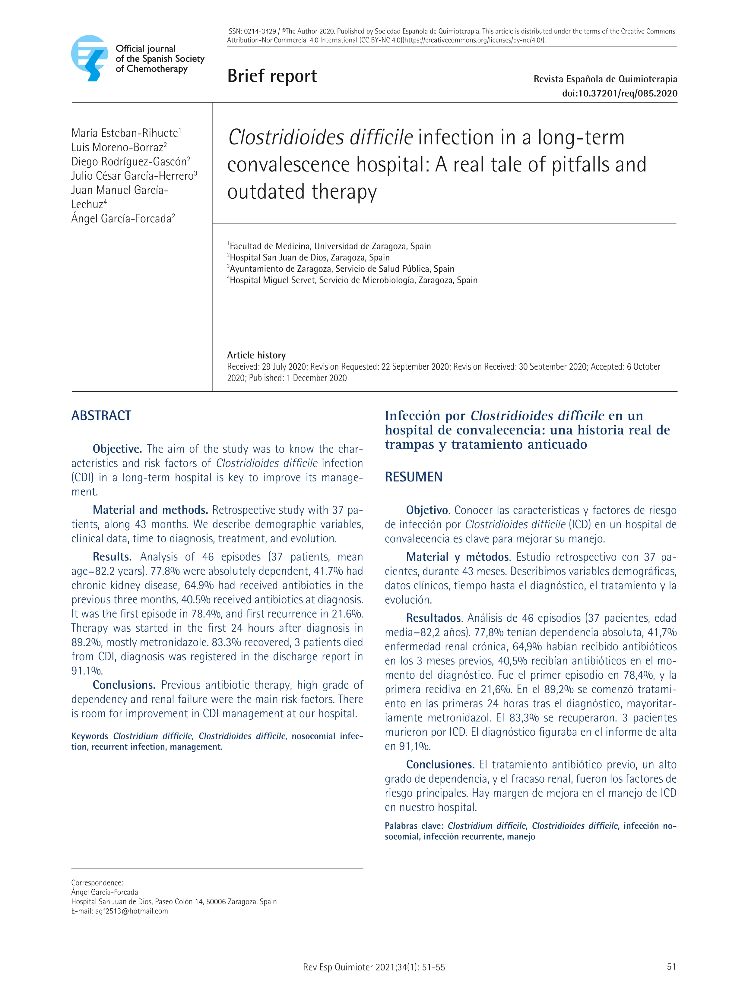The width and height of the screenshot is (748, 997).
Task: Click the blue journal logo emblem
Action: (90, 58)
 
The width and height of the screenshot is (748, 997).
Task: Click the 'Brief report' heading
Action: (272, 76)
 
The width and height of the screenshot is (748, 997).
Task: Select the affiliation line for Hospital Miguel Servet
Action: (353, 280)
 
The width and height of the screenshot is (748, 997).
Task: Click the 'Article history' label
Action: (256, 355)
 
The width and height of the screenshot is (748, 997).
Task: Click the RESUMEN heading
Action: (414, 477)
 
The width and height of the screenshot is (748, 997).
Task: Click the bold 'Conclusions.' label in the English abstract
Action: (124, 685)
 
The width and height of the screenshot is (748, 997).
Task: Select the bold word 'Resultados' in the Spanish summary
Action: (433, 618)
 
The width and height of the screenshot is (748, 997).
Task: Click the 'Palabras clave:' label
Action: (414, 826)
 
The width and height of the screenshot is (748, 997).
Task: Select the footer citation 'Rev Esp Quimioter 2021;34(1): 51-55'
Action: (374, 967)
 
